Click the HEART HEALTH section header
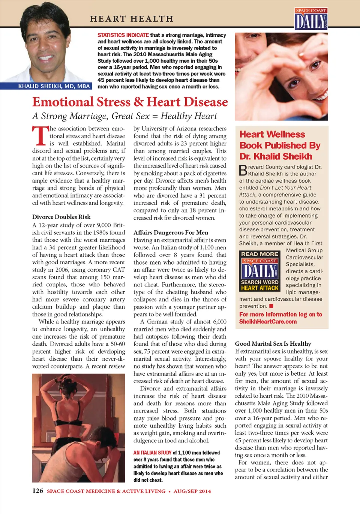(x=132, y=19)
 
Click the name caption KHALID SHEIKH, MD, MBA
(x=54, y=86)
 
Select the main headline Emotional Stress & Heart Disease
(x=130, y=102)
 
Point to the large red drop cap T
(x=40, y=136)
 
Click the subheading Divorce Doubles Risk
(x=61, y=217)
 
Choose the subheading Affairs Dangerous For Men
(x=171, y=232)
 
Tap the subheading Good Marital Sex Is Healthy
(x=273, y=343)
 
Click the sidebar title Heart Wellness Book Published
(x=280, y=145)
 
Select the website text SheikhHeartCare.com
(x=268, y=321)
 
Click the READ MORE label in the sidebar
(x=259, y=254)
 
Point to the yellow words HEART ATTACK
(x=259, y=288)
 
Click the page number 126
(x=37, y=491)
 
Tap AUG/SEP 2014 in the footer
(x=192, y=491)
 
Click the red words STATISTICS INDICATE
(x=123, y=35)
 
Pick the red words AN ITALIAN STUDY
(x=152, y=453)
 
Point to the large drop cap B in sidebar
(x=243, y=170)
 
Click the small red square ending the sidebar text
(x=271, y=306)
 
